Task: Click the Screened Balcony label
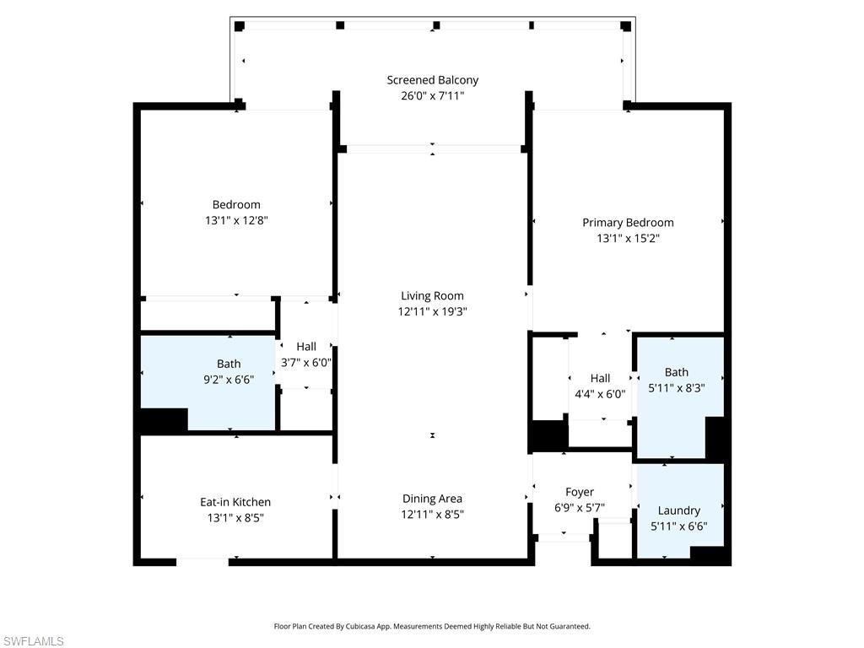pyautogui.click(x=432, y=80)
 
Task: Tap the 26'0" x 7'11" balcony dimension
pyautogui.click(x=432, y=95)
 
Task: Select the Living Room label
pyautogui.click(x=432, y=295)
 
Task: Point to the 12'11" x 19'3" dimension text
pyautogui.click(x=432, y=311)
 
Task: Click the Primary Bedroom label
pyautogui.click(x=628, y=223)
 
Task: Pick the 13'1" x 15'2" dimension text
pyautogui.click(x=628, y=238)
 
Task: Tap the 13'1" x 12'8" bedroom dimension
pyautogui.click(x=236, y=219)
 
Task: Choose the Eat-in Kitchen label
pyautogui.click(x=235, y=502)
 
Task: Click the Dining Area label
pyautogui.click(x=432, y=499)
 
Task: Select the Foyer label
pyautogui.click(x=579, y=492)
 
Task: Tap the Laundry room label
pyautogui.click(x=678, y=510)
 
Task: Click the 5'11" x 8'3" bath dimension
pyautogui.click(x=676, y=388)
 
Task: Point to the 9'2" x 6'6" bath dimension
pyautogui.click(x=228, y=380)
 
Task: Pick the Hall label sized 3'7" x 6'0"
pyautogui.click(x=306, y=346)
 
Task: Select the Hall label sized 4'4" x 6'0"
pyautogui.click(x=600, y=378)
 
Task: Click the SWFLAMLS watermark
pyautogui.click(x=33, y=641)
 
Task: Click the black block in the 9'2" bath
pyautogui.click(x=164, y=419)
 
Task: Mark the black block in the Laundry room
pyautogui.click(x=707, y=554)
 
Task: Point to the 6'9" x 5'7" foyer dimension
pyautogui.click(x=579, y=508)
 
